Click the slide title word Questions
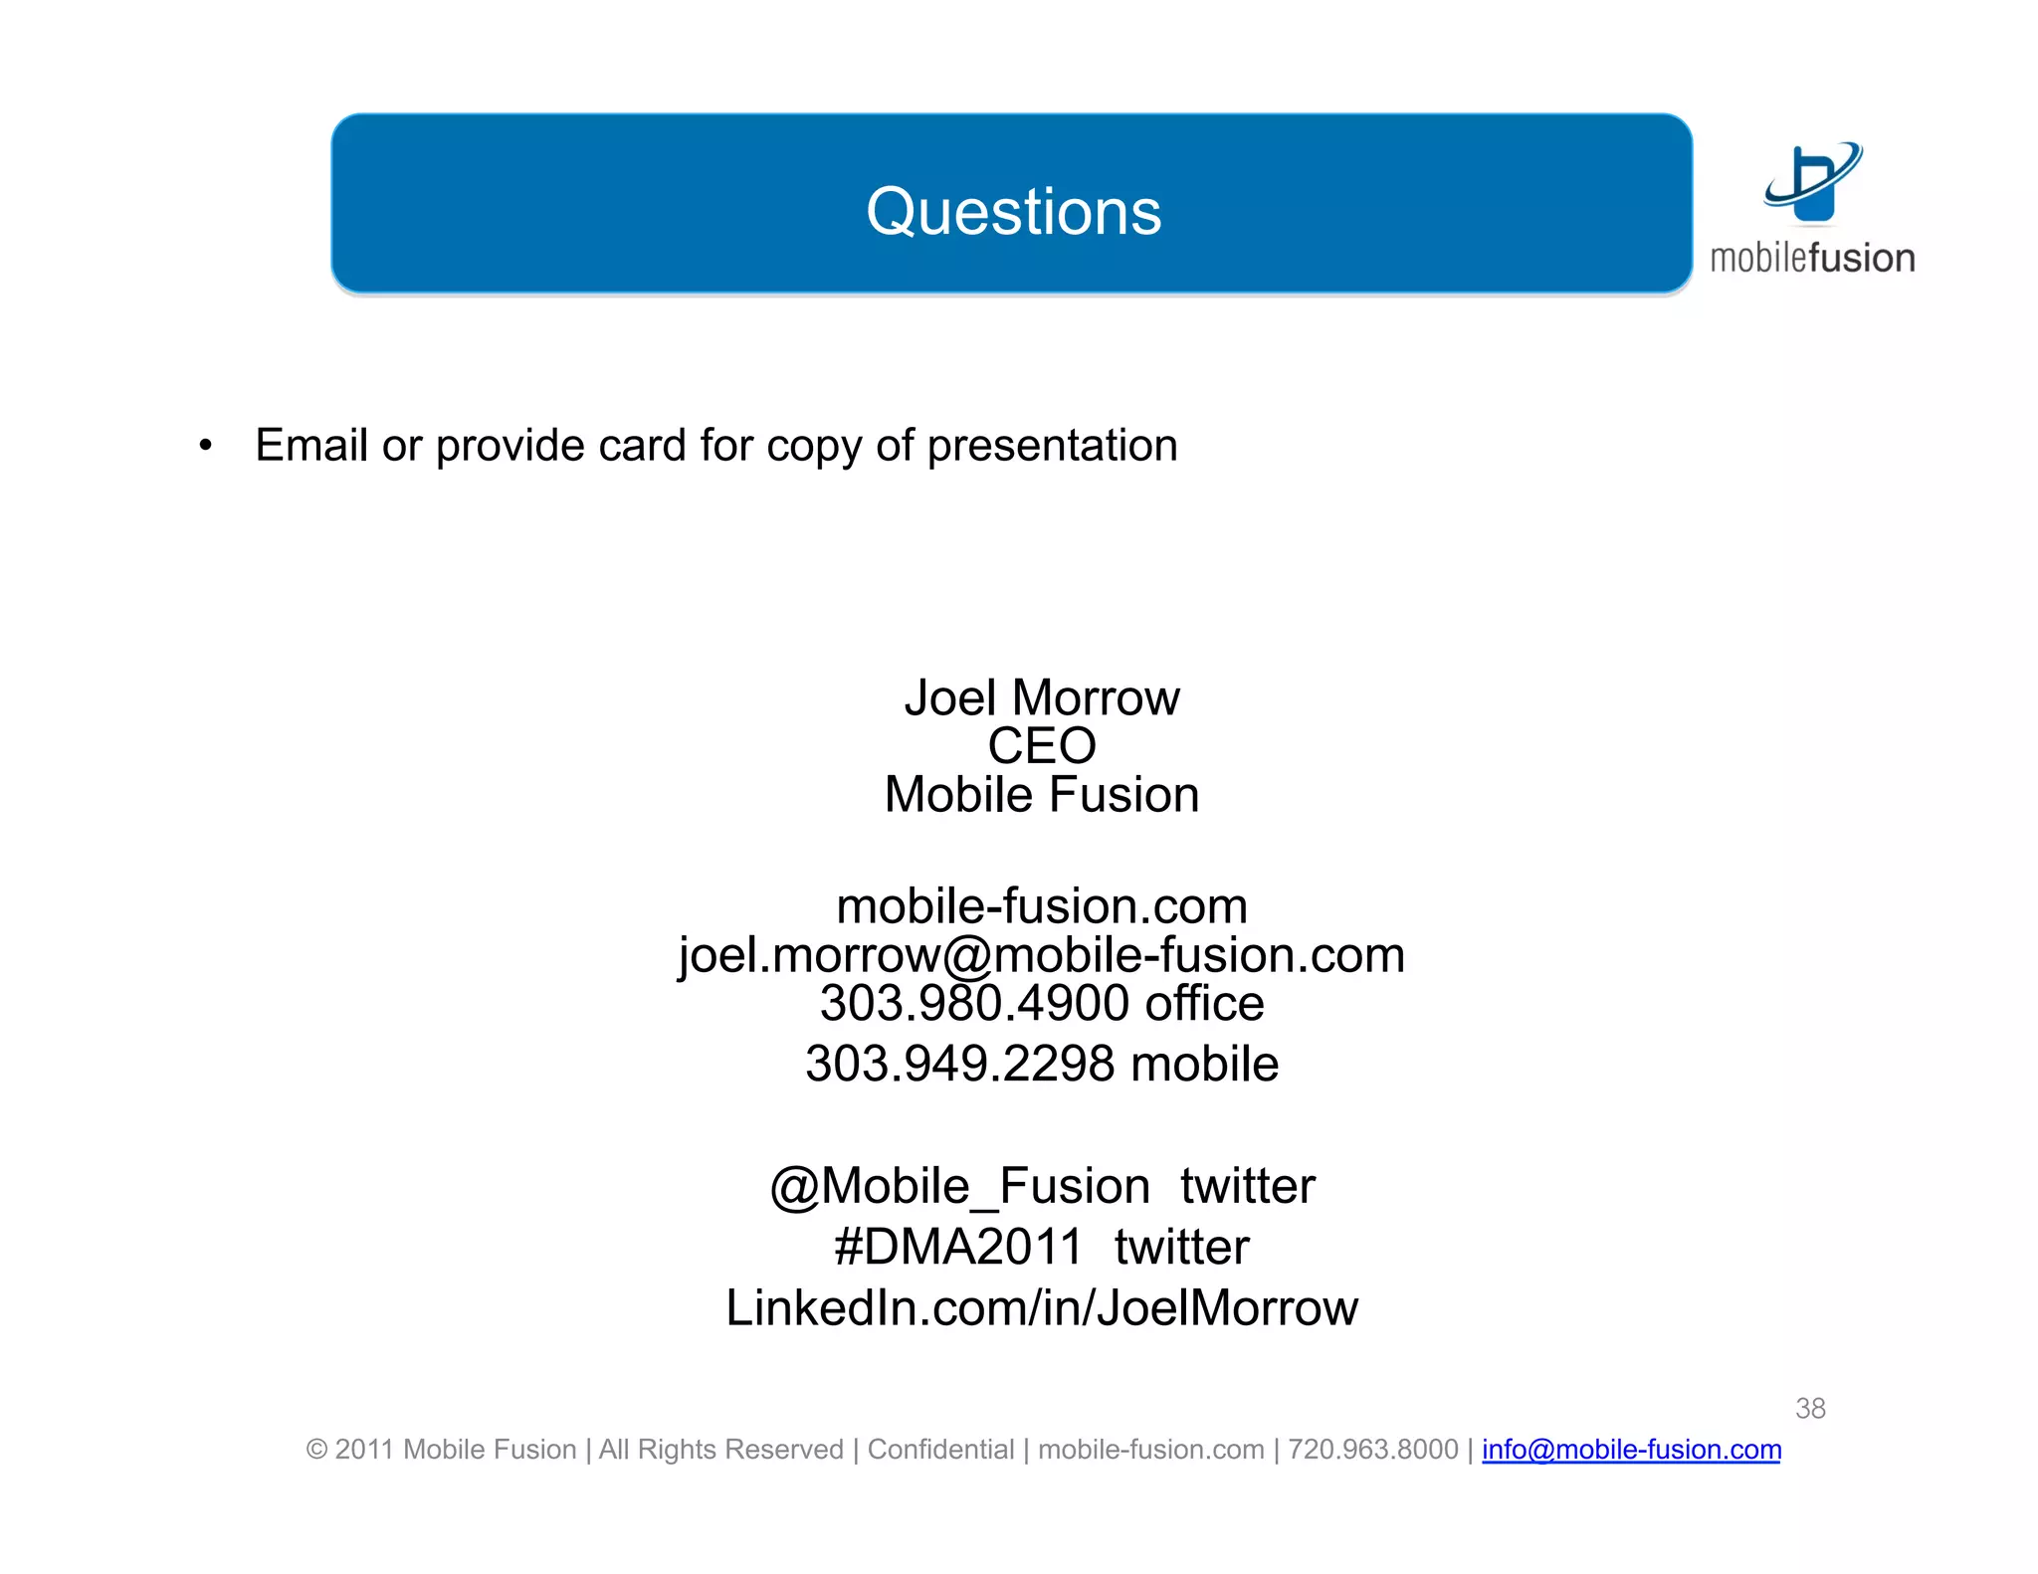tap(1013, 212)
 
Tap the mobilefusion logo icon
tap(1812, 182)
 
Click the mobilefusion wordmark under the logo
tap(1812, 259)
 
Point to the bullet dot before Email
tap(205, 446)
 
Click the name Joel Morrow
tap(1041, 697)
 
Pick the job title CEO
tap(1041, 746)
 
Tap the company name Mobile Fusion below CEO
tap(1041, 795)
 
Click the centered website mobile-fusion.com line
tap(1041, 906)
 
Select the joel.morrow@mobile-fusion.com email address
tap(1041, 955)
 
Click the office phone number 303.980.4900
tap(973, 1003)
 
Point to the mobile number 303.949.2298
tap(959, 1064)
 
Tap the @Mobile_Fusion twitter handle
tap(959, 1186)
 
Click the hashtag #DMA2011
tap(957, 1247)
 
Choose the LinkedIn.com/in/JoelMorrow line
tap(1041, 1307)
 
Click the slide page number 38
tap(1809, 1408)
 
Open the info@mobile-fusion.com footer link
tap(1630, 1450)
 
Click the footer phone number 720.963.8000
tap(1372, 1450)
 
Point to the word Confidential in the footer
tap(940, 1450)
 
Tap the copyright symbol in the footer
tap(316, 1450)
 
